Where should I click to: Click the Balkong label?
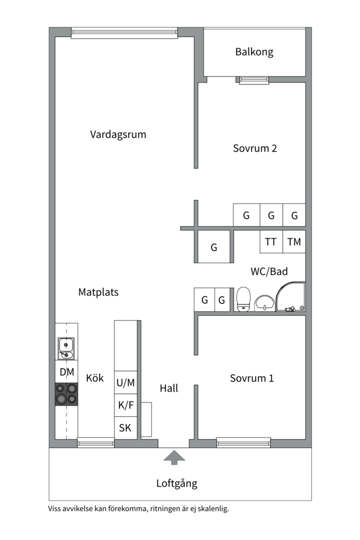[x=254, y=52]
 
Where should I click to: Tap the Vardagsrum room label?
[x=118, y=134]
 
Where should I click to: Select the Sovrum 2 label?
[x=255, y=148]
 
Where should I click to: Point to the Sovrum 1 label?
[x=251, y=378]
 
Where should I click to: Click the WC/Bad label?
[x=269, y=272]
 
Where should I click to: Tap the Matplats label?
[x=98, y=292]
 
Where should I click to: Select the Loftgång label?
[x=176, y=483]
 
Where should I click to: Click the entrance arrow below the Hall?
[x=174, y=457]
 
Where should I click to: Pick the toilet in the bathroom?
[x=243, y=299]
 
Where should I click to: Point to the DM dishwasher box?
[x=66, y=372]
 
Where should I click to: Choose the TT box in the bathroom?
[x=270, y=242]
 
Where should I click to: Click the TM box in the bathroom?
[x=294, y=242]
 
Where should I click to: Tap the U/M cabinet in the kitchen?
[x=125, y=383]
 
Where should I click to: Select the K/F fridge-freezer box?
[x=125, y=405]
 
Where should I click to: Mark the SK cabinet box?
[x=125, y=428]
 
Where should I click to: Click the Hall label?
[x=169, y=388]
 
